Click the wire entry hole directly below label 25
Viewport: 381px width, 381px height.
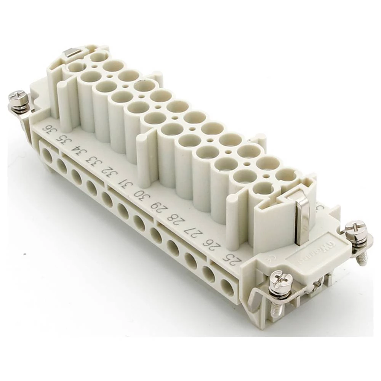click(x=227, y=287)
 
